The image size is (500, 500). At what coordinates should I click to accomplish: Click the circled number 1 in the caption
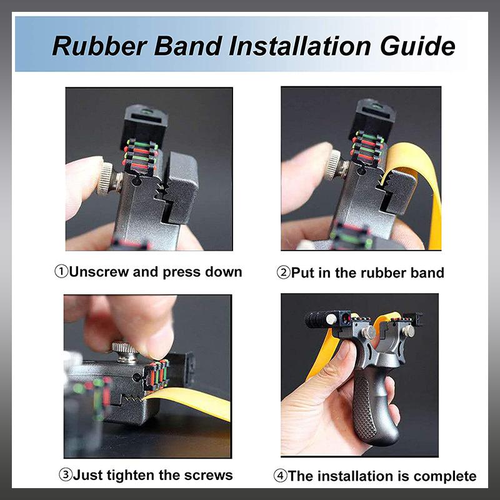click(61, 272)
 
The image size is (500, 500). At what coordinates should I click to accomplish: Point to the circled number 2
click(283, 272)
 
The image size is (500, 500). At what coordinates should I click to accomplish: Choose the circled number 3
click(65, 475)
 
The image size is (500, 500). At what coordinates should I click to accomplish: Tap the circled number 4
click(281, 476)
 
